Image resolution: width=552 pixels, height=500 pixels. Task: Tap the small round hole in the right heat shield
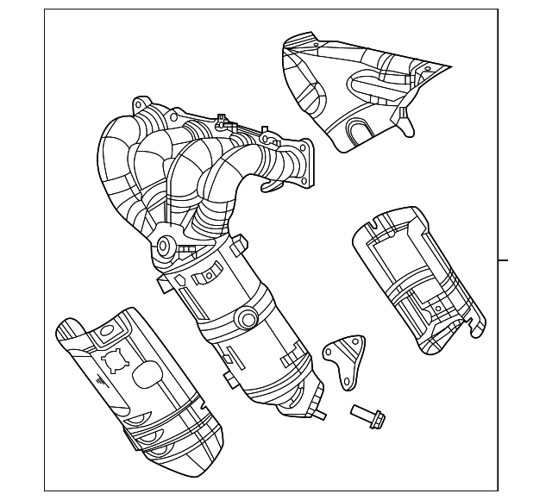click(x=437, y=308)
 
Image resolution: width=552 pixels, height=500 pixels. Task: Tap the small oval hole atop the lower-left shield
click(x=105, y=329)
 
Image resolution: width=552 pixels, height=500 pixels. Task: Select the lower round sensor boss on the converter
click(x=248, y=321)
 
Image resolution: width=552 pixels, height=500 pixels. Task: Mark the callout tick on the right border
click(x=504, y=259)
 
